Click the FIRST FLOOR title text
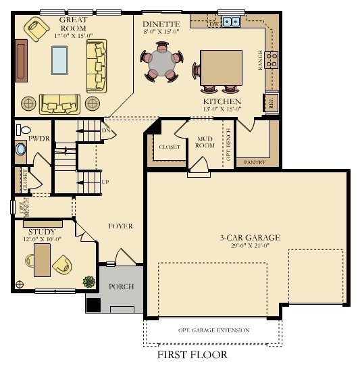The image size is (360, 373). (x=192, y=355)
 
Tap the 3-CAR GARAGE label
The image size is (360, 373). (x=249, y=237)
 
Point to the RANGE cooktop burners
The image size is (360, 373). (x=273, y=59)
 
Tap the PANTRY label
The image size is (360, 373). (x=254, y=162)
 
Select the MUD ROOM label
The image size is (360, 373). (x=205, y=141)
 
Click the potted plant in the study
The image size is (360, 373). (x=88, y=281)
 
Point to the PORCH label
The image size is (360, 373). (x=121, y=287)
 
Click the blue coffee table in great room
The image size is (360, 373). (x=59, y=59)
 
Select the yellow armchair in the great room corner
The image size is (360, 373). (x=36, y=30)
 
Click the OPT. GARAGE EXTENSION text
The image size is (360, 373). (x=213, y=330)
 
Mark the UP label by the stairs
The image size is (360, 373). (x=105, y=182)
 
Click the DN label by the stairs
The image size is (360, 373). (x=105, y=130)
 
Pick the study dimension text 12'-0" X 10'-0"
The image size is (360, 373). (x=41, y=239)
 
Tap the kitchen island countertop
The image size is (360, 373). (x=221, y=66)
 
